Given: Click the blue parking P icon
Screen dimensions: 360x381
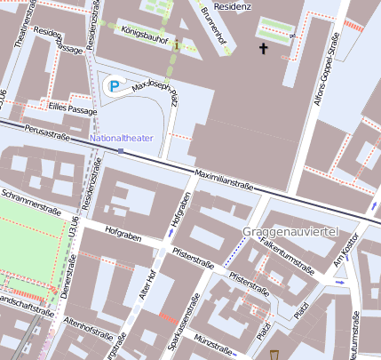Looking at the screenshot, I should pyautogui.click(x=114, y=84).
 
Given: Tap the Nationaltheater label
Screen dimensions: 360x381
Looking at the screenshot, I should pyautogui.click(x=122, y=139).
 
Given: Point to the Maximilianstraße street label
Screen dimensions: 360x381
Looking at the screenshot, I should pyautogui.click(x=225, y=179).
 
